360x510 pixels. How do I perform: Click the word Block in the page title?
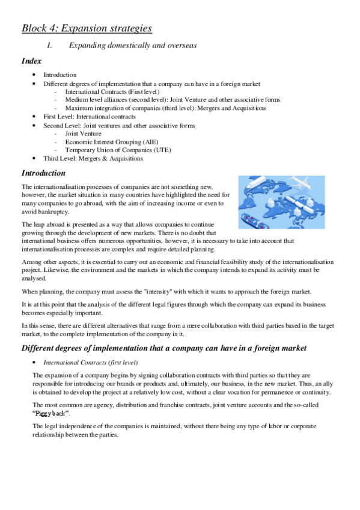[x=35, y=28]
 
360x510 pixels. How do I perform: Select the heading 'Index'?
[x=31, y=61]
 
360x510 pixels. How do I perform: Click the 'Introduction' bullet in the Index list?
[x=59, y=75]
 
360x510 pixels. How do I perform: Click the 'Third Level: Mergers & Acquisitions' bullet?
[x=93, y=159]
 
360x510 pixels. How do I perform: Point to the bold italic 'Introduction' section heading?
[x=47, y=173]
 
